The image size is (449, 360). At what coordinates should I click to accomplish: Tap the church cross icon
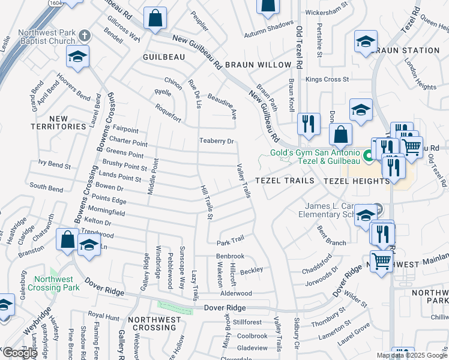(85, 35)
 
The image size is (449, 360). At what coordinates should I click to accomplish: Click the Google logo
(19, 353)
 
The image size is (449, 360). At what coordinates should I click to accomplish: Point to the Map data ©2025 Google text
(412, 355)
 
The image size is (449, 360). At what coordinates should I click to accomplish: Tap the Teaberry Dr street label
(216, 141)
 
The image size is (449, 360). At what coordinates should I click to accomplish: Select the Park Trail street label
(231, 239)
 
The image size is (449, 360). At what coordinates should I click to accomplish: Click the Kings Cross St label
(327, 79)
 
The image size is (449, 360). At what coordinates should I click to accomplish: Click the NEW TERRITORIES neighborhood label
(59, 122)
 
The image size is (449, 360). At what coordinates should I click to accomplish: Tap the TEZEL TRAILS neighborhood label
(285, 181)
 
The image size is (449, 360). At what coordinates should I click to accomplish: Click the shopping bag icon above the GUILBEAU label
(155, 19)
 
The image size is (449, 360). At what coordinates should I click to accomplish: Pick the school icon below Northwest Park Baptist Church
(77, 56)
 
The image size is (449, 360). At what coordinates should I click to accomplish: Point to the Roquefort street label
(168, 111)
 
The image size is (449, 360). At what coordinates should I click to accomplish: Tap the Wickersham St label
(327, 11)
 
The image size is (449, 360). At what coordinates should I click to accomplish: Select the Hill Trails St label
(206, 203)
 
